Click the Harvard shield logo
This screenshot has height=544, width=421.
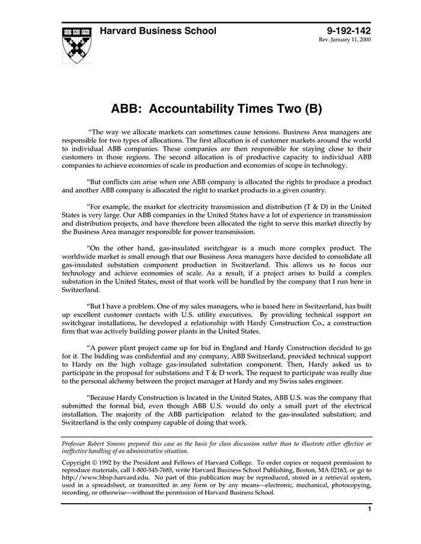[78, 44]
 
